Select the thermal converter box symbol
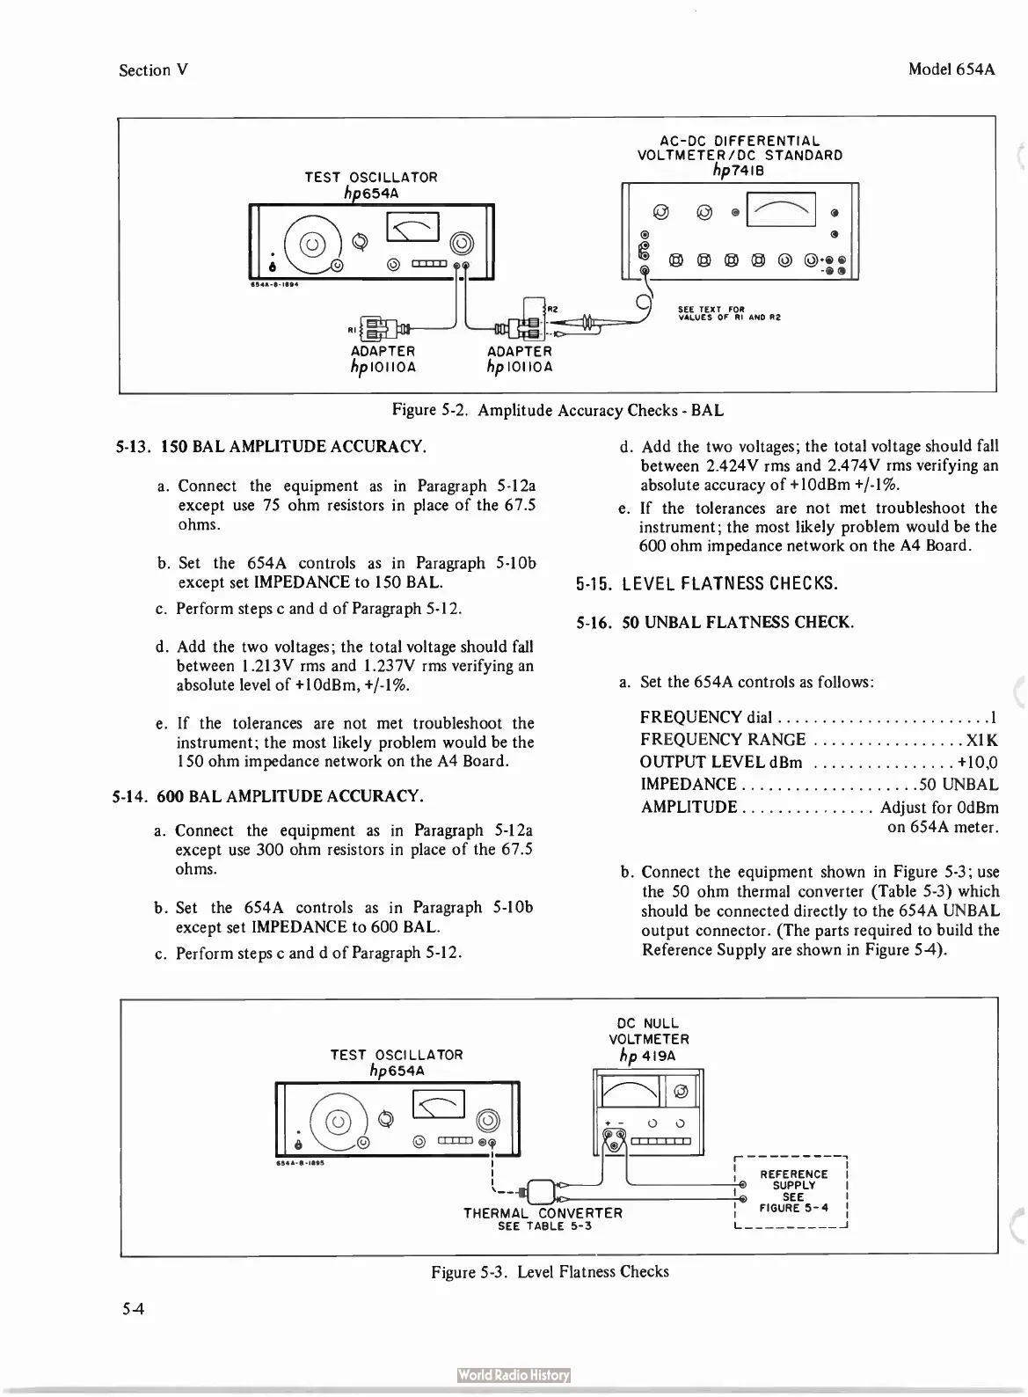click(x=538, y=1190)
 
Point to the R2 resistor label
click(x=553, y=309)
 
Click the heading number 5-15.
click(x=594, y=584)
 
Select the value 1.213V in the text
click(x=248, y=667)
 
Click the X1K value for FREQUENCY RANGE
click(x=981, y=740)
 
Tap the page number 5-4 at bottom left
click(x=135, y=1309)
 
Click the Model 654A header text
click(x=951, y=69)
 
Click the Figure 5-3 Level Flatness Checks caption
click(x=550, y=1272)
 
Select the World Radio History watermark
click(x=514, y=1376)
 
